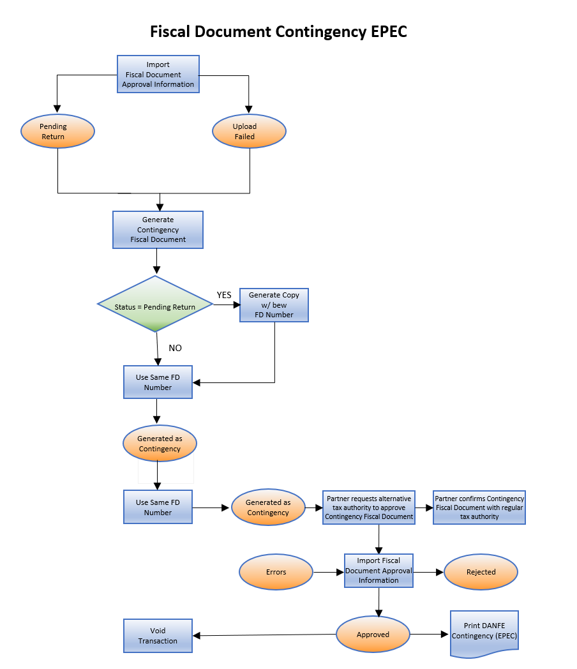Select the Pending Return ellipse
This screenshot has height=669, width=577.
coord(57,132)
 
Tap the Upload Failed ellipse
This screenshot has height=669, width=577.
coord(249,132)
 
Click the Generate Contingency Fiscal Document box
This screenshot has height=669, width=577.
coord(158,230)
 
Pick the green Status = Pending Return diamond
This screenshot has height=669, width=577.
coord(155,304)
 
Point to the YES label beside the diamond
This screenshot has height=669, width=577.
coord(224,295)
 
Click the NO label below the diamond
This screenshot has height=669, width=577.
coord(175,348)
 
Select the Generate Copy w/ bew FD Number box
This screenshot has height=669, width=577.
coord(274,305)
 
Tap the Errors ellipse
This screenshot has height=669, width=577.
coord(276,572)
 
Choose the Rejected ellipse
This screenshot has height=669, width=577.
coord(481,572)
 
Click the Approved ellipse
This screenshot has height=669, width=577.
coord(373,635)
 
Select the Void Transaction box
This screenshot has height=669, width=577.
coord(158,636)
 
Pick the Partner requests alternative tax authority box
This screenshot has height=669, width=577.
coord(369,507)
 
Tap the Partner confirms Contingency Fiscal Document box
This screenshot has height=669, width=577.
coord(479,507)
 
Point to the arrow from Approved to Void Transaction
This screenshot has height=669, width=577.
coord(265,635)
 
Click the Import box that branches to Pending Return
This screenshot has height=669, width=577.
coord(158,74)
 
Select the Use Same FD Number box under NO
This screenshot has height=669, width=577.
coord(158,382)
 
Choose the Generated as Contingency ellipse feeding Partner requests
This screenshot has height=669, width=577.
coord(268,507)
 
